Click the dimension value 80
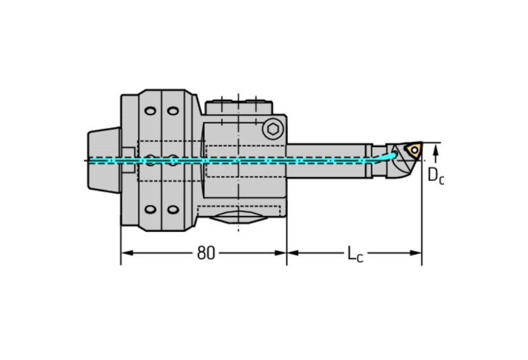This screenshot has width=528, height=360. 205,253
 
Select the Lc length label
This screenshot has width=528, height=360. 355,254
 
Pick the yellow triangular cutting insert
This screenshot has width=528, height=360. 413,150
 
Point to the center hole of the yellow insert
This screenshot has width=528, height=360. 414,149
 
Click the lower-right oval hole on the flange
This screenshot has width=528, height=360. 173,210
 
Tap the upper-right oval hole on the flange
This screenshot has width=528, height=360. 173,111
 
